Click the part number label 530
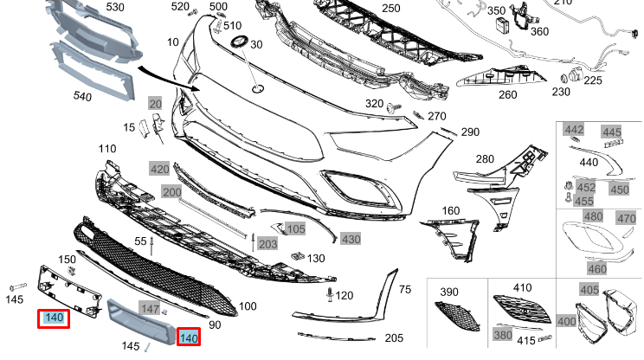coord(114,7)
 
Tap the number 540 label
coord(81,97)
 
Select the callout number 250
coord(391,9)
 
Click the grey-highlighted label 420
coord(160,170)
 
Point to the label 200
coord(171,191)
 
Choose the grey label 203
coord(268,244)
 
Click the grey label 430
coord(351,239)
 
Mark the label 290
coord(470,132)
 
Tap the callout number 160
coord(451,210)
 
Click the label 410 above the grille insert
coord(523,287)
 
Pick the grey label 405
coord(589,290)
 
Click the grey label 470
coord(626,218)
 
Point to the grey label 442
coord(574,130)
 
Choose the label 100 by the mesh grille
coord(248,306)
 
